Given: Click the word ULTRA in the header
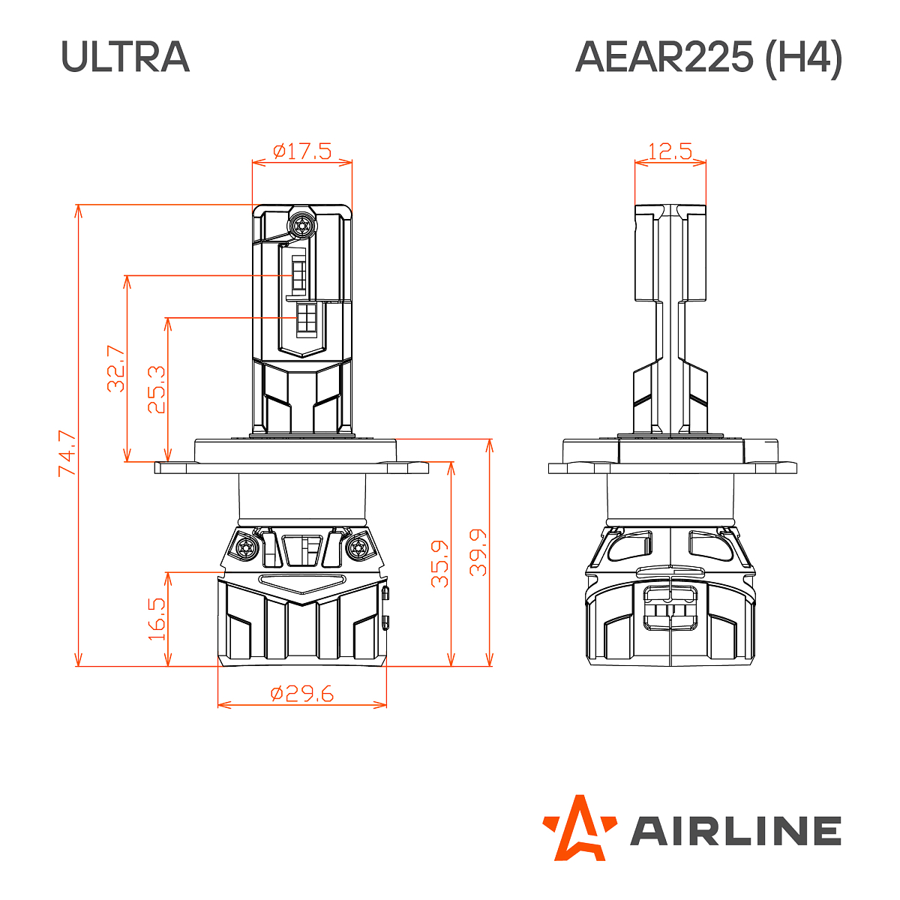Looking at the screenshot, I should (125, 57).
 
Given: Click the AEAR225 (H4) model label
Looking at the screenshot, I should (708, 57).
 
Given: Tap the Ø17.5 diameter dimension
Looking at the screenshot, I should (302, 151).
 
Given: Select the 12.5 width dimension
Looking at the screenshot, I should (670, 151).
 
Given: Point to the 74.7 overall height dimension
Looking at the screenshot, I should (67, 452).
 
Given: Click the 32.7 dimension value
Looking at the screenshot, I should (115, 368).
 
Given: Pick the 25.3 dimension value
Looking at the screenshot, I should (156, 389).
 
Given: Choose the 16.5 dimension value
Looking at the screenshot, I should (156, 618).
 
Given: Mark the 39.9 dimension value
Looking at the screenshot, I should (478, 552).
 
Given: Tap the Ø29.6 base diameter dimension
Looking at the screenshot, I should (301, 694).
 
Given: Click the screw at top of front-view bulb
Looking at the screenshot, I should (302, 223).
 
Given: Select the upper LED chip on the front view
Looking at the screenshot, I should (298, 274).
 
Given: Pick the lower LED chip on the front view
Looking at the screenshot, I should (307, 318).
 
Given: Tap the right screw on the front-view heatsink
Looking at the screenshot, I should (358, 547).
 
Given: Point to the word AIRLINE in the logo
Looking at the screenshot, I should (735, 831).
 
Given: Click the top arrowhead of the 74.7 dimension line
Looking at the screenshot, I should (78, 210).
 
